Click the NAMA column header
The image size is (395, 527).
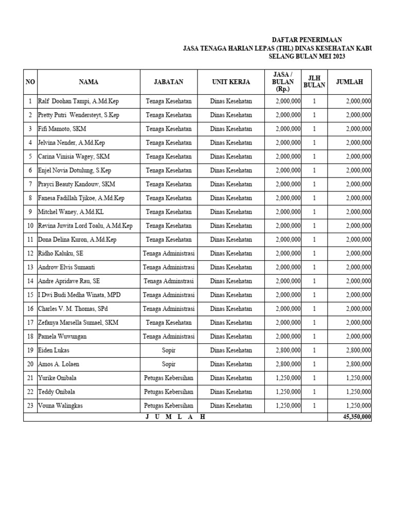tap(88, 82)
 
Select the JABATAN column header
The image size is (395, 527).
tap(168, 82)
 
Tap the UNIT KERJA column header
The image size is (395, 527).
tap(231, 82)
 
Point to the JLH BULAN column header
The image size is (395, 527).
tap(314, 82)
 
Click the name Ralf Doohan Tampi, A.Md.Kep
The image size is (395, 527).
tap(78, 101)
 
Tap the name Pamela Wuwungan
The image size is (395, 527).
tap(62, 337)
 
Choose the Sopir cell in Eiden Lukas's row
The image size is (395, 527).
tap(168, 350)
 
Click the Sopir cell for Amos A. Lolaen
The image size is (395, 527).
tap(168, 364)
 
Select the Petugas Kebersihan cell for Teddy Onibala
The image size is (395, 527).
tap(168, 392)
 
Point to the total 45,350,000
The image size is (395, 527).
tap(356, 417)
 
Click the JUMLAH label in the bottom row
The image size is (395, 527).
tap(175, 417)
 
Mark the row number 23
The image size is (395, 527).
tap(30, 406)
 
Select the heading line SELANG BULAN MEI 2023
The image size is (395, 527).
tap(307, 57)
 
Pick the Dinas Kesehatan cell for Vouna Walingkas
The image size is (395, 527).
tap(231, 406)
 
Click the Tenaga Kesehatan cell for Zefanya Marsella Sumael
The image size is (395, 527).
tap(168, 323)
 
